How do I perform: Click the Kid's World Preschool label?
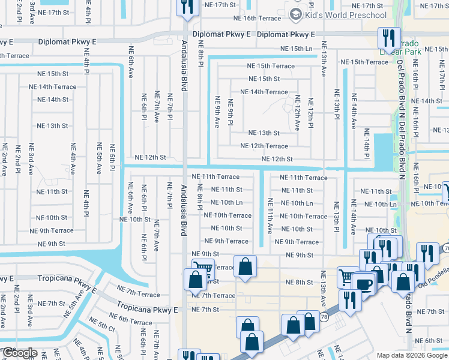pyautogui.click(x=346, y=14)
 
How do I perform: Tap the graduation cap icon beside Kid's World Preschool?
pyautogui.click(x=296, y=14)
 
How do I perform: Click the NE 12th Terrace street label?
pyautogui.click(x=264, y=146)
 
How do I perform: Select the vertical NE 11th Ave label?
pyautogui.click(x=270, y=215)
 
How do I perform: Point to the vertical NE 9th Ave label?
pyautogui.click(x=217, y=113)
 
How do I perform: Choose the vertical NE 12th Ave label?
pyautogui.click(x=297, y=113)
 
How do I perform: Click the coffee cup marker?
pyautogui.click(x=364, y=283)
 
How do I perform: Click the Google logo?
pyautogui.click(x=19, y=352)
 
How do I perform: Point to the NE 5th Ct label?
pyautogui.click(x=103, y=327)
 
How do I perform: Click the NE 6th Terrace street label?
pyautogui.click(x=131, y=322)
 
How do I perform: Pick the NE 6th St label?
pyautogui.click(x=429, y=340)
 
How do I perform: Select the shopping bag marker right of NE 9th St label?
pyautogui.click(x=245, y=267)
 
